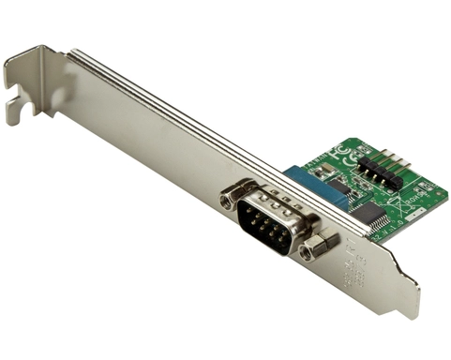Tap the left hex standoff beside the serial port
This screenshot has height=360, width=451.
tap(232, 199)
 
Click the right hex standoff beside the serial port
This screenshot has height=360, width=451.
tap(319, 247)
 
